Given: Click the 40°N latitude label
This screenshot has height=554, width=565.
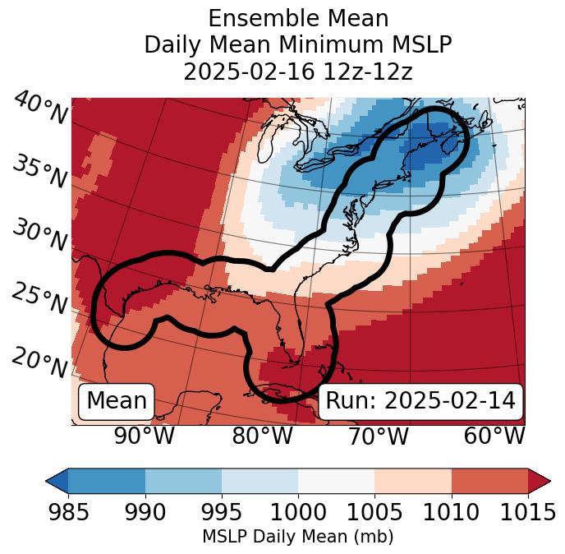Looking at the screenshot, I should [x=40, y=108].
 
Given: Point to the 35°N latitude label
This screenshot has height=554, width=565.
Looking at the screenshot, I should [x=39, y=172].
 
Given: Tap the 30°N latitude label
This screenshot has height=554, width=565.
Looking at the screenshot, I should [x=39, y=236].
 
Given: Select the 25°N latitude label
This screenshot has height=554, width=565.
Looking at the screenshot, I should [x=39, y=299].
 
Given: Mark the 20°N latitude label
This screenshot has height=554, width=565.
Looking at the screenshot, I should [x=39, y=362].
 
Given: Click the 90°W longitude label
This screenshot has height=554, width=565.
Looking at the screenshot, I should [x=145, y=436].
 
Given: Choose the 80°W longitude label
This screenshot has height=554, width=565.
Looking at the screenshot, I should [x=262, y=436].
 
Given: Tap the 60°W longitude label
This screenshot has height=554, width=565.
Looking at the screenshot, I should [x=494, y=436].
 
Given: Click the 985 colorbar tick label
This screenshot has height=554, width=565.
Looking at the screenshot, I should [x=68, y=512].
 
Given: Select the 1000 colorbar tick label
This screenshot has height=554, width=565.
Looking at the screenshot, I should [x=297, y=512].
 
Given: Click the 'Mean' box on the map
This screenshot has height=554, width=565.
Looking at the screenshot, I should [x=117, y=401].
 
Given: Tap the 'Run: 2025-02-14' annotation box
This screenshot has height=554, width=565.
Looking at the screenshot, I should [x=420, y=401].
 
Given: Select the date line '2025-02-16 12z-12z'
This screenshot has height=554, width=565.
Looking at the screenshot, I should [x=298, y=72].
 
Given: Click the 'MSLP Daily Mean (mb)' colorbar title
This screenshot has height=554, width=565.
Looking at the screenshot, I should [x=298, y=538].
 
